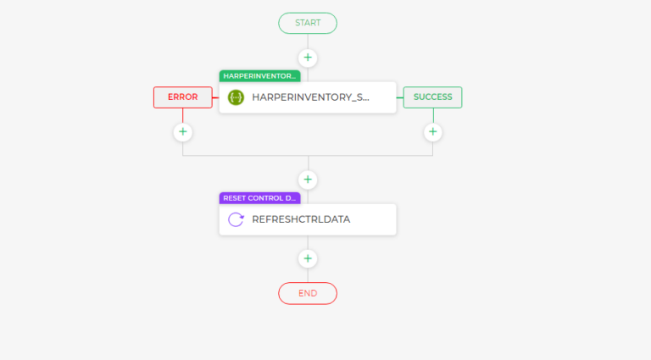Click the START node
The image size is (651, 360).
308,23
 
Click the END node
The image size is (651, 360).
308,294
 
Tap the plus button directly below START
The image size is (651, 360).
308,58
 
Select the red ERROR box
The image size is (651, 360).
183,97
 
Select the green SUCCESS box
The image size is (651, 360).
432,97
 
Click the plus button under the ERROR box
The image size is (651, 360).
183,132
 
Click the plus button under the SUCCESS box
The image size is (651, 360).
432,132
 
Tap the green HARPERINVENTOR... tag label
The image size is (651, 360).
259,76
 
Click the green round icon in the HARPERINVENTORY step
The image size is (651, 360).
236,97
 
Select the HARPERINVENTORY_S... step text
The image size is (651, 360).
310,97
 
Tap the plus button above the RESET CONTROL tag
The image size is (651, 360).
308,180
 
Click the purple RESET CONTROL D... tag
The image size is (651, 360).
259,198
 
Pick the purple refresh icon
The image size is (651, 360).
236,220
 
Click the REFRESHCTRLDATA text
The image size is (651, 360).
301,219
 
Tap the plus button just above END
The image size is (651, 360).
308,259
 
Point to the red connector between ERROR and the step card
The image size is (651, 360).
216,98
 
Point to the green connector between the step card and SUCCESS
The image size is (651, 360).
400,98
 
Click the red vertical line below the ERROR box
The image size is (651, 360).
183,116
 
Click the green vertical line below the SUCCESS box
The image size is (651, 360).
433,116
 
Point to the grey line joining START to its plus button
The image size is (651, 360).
308,41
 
